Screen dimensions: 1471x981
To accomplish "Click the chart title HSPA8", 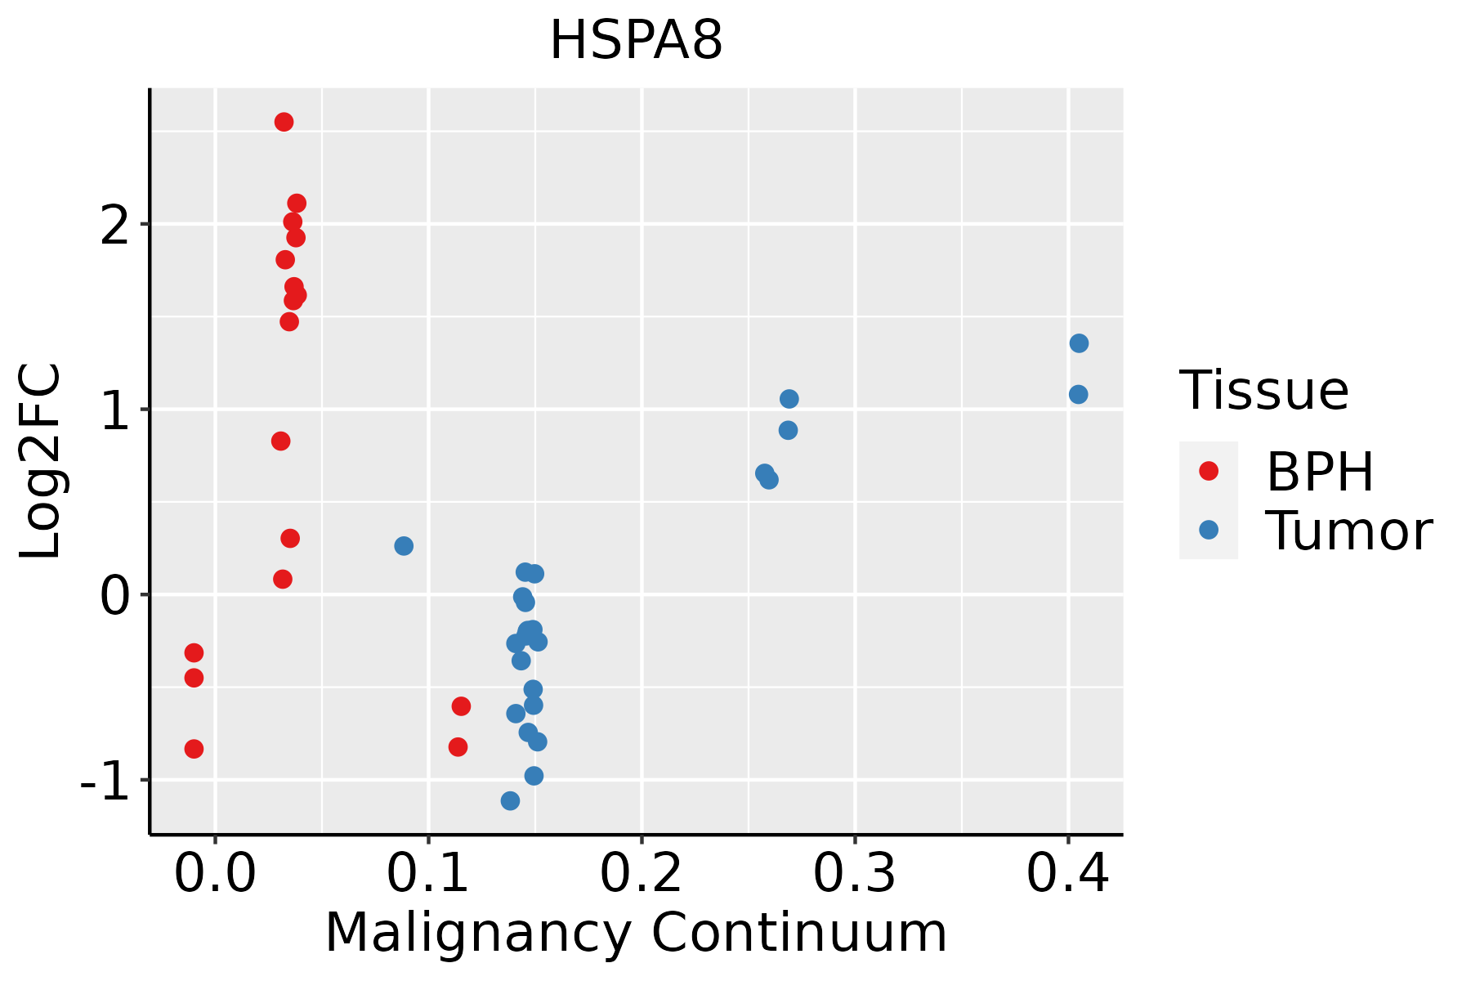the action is pyautogui.click(x=636, y=40).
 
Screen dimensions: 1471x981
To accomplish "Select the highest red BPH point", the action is pyautogui.click(x=284, y=122).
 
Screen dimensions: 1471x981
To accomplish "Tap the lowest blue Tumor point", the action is pyautogui.click(x=510, y=800).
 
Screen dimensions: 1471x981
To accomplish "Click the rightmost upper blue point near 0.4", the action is pyautogui.click(x=1079, y=343).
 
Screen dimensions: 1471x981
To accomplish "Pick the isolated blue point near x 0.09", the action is pyautogui.click(x=404, y=546).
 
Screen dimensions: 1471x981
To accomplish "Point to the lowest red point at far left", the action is pyautogui.click(x=194, y=749).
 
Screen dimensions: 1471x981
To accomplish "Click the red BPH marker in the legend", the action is pyautogui.click(x=1208, y=471).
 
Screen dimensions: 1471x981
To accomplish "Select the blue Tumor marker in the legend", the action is pyautogui.click(x=1208, y=530).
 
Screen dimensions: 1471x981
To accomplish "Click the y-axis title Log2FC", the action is pyautogui.click(x=41, y=461).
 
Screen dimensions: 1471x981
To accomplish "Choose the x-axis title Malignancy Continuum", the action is pyautogui.click(x=636, y=933).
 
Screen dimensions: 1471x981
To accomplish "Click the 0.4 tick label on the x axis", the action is pyautogui.click(x=1068, y=873).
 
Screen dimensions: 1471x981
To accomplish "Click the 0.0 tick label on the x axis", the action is pyautogui.click(x=215, y=873).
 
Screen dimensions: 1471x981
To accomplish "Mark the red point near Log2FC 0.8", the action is pyautogui.click(x=280, y=441).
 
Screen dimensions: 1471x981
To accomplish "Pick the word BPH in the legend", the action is pyautogui.click(x=1320, y=472).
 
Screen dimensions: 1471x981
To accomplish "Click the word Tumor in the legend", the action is pyautogui.click(x=1349, y=531).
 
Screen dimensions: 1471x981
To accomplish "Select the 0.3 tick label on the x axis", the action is pyautogui.click(x=855, y=873).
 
